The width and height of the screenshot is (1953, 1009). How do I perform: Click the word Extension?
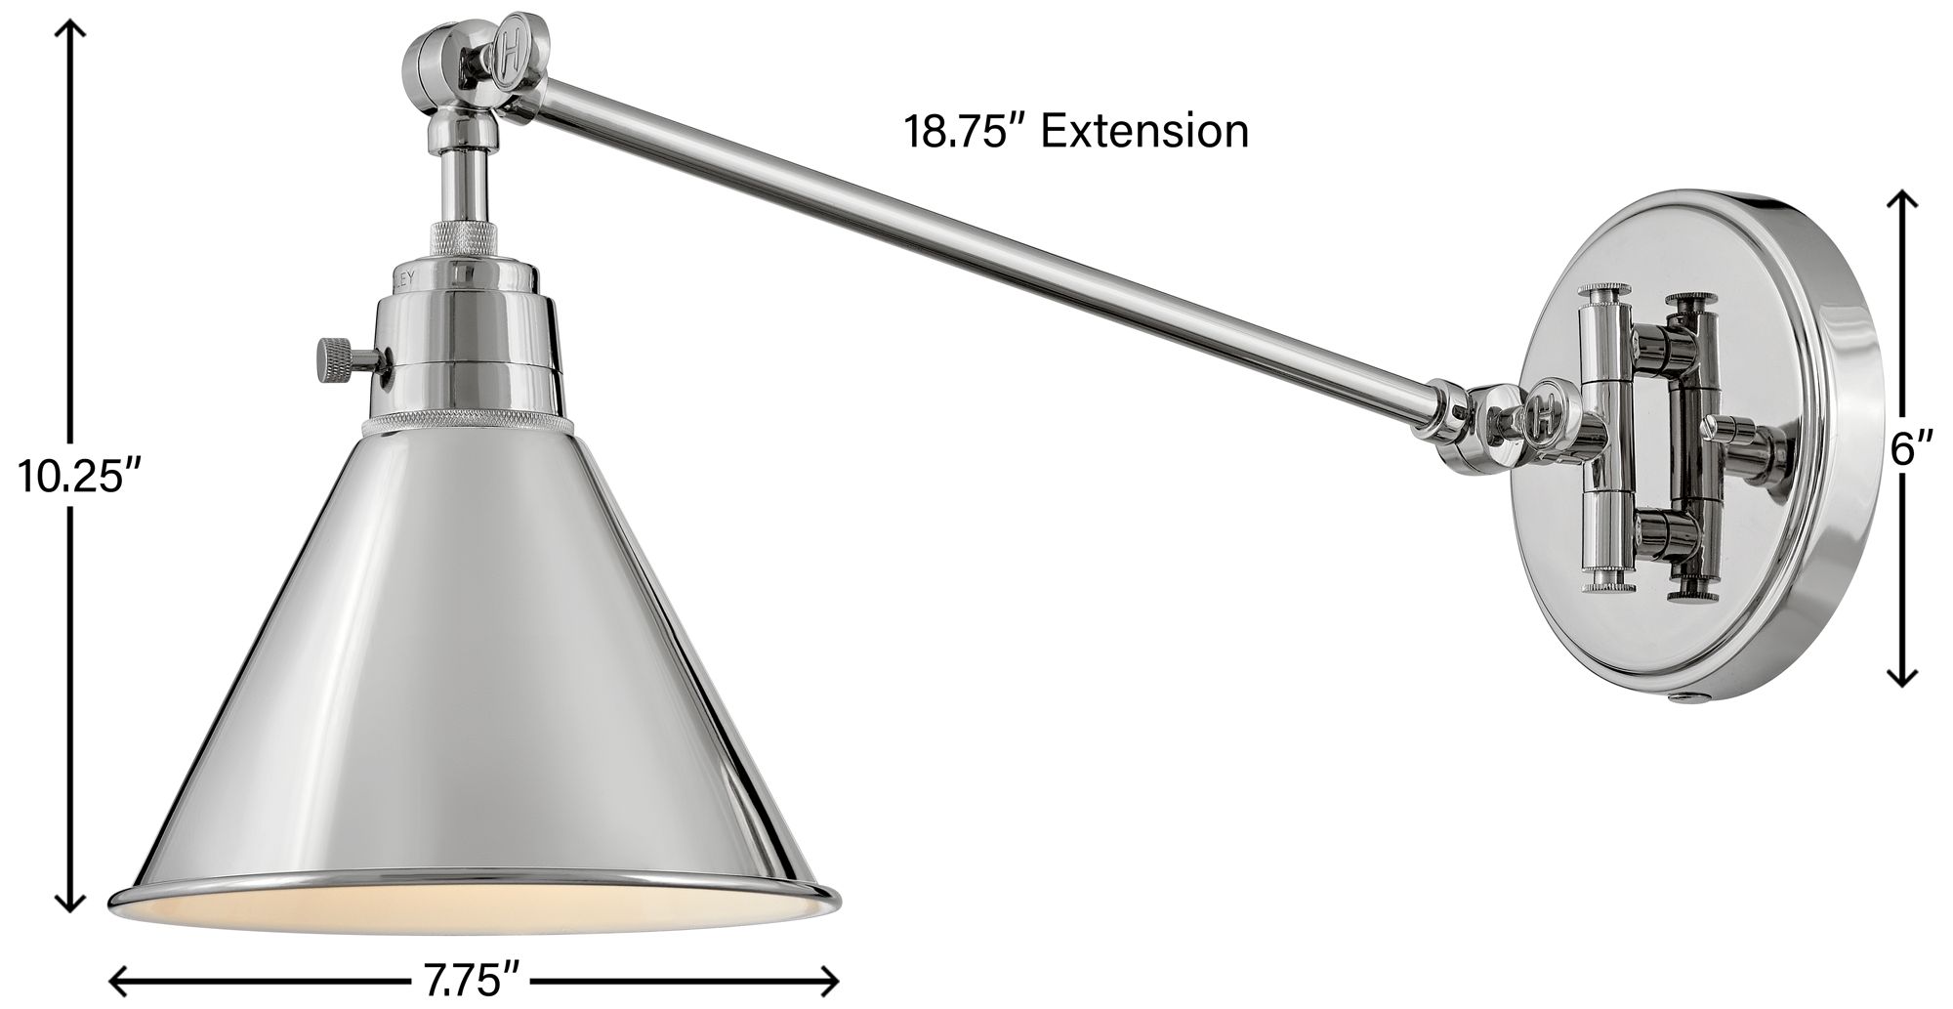click(1144, 131)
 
